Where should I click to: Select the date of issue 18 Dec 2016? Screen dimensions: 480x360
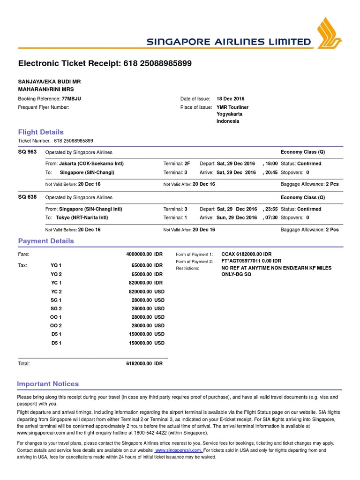click(x=230, y=99)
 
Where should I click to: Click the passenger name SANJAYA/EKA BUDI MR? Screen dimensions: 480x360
click(x=49, y=81)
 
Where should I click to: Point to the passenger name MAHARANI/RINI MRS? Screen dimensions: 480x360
click(x=45, y=89)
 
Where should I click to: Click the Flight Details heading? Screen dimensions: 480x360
click(x=41, y=132)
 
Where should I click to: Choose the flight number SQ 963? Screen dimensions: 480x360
click(x=27, y=152)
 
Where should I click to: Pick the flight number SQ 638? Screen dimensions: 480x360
click(x=27, y=197)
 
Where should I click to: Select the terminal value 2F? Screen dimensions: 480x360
click(x=187, y=164)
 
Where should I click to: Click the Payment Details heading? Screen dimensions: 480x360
click(x=46, y=241)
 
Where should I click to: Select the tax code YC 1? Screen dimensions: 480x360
click(x=56, y=283)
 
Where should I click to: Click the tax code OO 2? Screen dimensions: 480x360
click(x=56, y=325)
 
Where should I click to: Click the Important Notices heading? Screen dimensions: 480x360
click(x=48, y=384)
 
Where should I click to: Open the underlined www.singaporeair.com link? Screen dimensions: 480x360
click(x=179, y=450)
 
